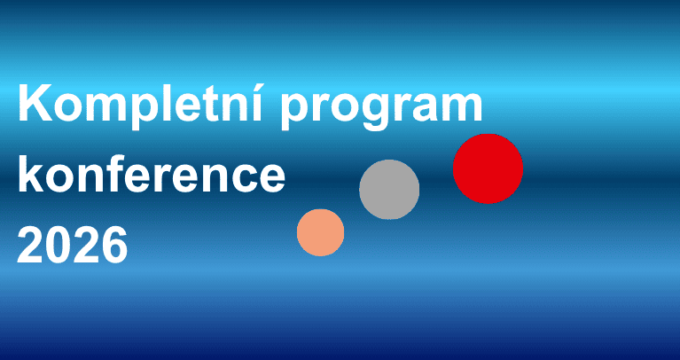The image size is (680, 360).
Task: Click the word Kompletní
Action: (x=140, y=105)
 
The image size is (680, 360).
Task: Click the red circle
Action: (x=488, y=168)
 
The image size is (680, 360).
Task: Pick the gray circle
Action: (x=389, y=190)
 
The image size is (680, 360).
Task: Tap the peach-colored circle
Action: (x=320, y=232)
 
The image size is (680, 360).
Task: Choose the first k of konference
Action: (x=32, y=173)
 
